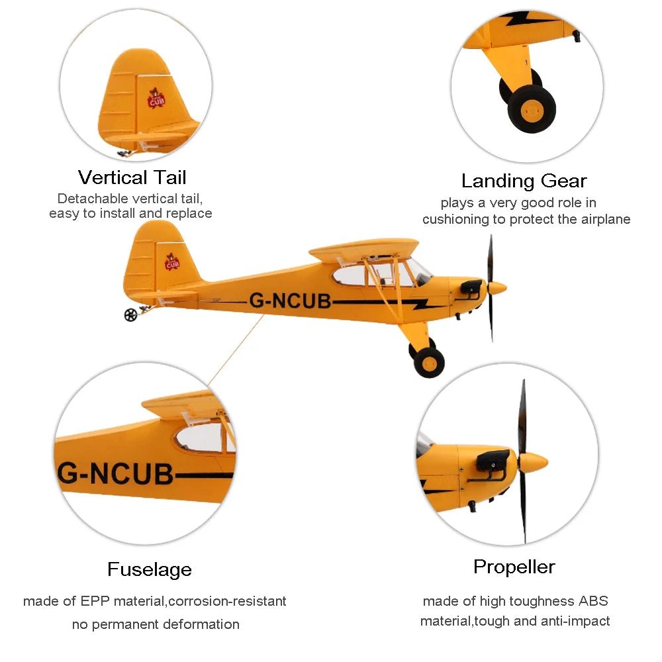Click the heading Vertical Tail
click(132, 177)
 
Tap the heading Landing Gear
click(524, 181)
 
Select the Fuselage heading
click(150, 569)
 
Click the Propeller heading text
click(514, 567)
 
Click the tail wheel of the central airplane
click(130, 315)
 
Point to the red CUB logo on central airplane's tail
click(172, 263)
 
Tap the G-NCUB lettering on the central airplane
click(290, 301)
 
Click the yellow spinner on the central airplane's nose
click(496, 289)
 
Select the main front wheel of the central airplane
click(430, 362)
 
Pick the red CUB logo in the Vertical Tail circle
click(156, 100)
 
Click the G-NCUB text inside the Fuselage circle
click(116, 474)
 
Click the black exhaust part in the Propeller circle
click(493, 459)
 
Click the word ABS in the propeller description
click(592, 601)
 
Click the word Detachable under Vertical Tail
click(92, 198)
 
